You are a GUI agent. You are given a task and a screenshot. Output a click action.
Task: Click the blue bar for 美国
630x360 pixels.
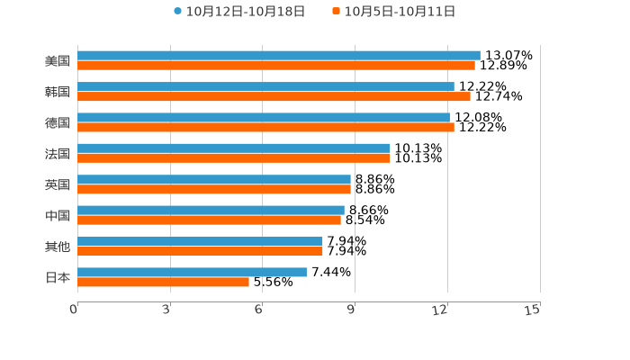click(x=279, y=56)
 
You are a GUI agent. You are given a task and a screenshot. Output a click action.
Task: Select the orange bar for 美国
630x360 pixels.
click(x=276, y=66)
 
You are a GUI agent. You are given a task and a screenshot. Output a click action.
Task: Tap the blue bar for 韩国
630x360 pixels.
click(x=265, y=86)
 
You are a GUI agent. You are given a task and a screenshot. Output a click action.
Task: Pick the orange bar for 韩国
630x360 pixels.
click(x=274, y=96)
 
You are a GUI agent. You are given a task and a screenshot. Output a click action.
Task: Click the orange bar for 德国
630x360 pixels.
click(x=265, y=128)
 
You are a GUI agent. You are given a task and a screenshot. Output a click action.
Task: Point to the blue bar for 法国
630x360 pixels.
click(x=234, y=148)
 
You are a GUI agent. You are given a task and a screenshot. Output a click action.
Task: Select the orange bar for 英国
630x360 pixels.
click(x=214, y=190)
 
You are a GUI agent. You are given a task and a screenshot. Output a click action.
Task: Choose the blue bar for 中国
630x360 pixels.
click(x=211, y=210)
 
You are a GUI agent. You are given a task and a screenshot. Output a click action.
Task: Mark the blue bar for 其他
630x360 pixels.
click(x=200, y=241)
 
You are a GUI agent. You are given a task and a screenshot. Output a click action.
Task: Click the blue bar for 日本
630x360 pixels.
click(x=192, y=272)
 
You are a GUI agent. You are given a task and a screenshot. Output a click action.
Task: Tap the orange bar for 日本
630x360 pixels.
click(x=163, y=282)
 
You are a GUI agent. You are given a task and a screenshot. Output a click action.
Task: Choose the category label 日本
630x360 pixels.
click(x=58, y=277)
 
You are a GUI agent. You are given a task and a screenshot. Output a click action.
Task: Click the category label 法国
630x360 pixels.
click(x=58, y=154)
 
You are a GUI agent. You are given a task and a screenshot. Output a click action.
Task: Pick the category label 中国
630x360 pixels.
click(x=58, y=216)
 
